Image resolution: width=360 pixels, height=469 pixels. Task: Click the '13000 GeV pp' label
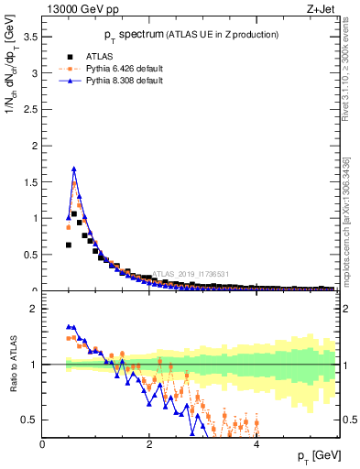[x=80, y=10]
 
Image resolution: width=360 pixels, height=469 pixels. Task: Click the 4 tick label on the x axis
[x=256, y=444]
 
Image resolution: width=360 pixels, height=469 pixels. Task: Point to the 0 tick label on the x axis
[x=43, y=444]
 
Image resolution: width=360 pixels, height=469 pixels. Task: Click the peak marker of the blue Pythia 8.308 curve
[x=74, y=169]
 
